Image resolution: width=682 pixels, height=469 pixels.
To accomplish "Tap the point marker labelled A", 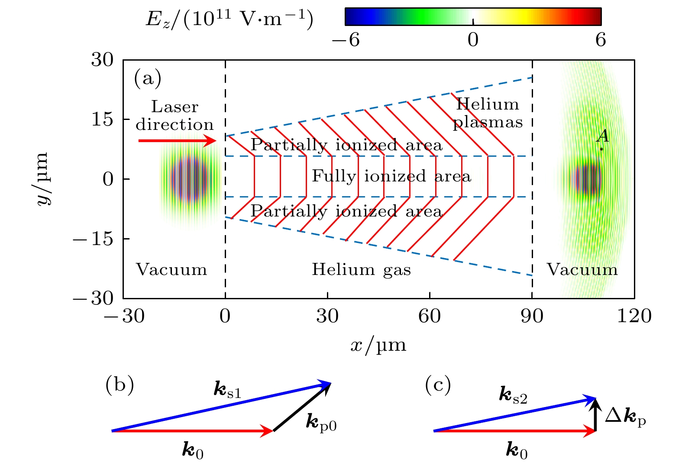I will point(601,149).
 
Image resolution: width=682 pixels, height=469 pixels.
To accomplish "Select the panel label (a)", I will point(148,79).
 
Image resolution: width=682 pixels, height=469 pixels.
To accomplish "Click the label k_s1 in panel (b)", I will point(227,390).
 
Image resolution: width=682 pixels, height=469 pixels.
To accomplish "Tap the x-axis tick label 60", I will point(430,316).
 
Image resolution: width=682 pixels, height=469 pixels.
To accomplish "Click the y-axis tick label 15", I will point(102,119).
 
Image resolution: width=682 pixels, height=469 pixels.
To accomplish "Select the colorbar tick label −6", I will point(346,40).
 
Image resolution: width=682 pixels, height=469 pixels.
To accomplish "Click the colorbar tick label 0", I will point(473,40).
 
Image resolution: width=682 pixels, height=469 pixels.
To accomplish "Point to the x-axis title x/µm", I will point(378,346).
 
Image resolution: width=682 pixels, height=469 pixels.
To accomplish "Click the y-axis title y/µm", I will point(43,178).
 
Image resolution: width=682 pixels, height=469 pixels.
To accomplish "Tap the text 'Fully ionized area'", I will point(391,176).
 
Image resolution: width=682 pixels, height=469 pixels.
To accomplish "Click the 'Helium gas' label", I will point(361,270).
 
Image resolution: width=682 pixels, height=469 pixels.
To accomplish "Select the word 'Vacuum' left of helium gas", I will point(171,270).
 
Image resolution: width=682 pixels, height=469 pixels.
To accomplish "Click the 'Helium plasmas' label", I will point(488,113).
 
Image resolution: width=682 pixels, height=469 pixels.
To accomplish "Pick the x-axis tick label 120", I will point(634,316).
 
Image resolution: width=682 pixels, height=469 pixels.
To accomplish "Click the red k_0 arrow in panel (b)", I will point(192,431).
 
